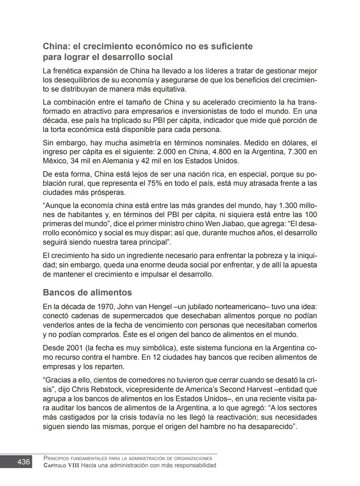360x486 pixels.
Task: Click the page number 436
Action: [x=23, y=462]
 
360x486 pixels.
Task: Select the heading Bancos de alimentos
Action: [x=87, y=292]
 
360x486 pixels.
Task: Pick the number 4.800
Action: [x=217, y=152]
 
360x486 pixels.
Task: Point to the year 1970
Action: [x=106, y=306]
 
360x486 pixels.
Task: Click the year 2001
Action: [x=75, y=348]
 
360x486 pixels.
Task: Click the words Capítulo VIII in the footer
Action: [x=61, y=465]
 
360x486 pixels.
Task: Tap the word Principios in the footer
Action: [x=56, y=458]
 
